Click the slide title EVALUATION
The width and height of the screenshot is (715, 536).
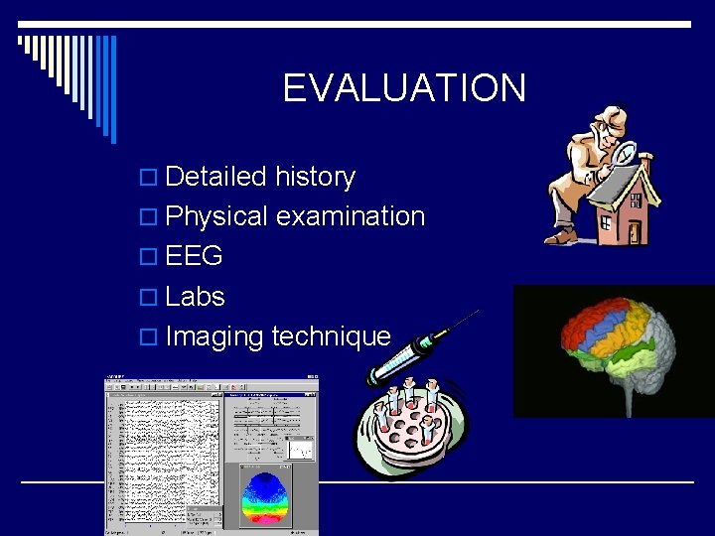[403, 88]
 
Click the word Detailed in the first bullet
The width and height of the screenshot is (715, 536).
[215, 177]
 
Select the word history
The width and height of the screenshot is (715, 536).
[315, 177]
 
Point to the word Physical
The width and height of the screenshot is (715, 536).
[216, 216]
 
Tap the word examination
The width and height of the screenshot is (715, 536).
[351, 216]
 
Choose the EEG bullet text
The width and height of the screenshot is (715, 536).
[195, 256]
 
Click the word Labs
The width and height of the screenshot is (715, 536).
[196, 296]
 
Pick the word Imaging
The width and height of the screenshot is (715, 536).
[215, 336]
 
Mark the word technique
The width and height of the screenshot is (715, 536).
[332, 336]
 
